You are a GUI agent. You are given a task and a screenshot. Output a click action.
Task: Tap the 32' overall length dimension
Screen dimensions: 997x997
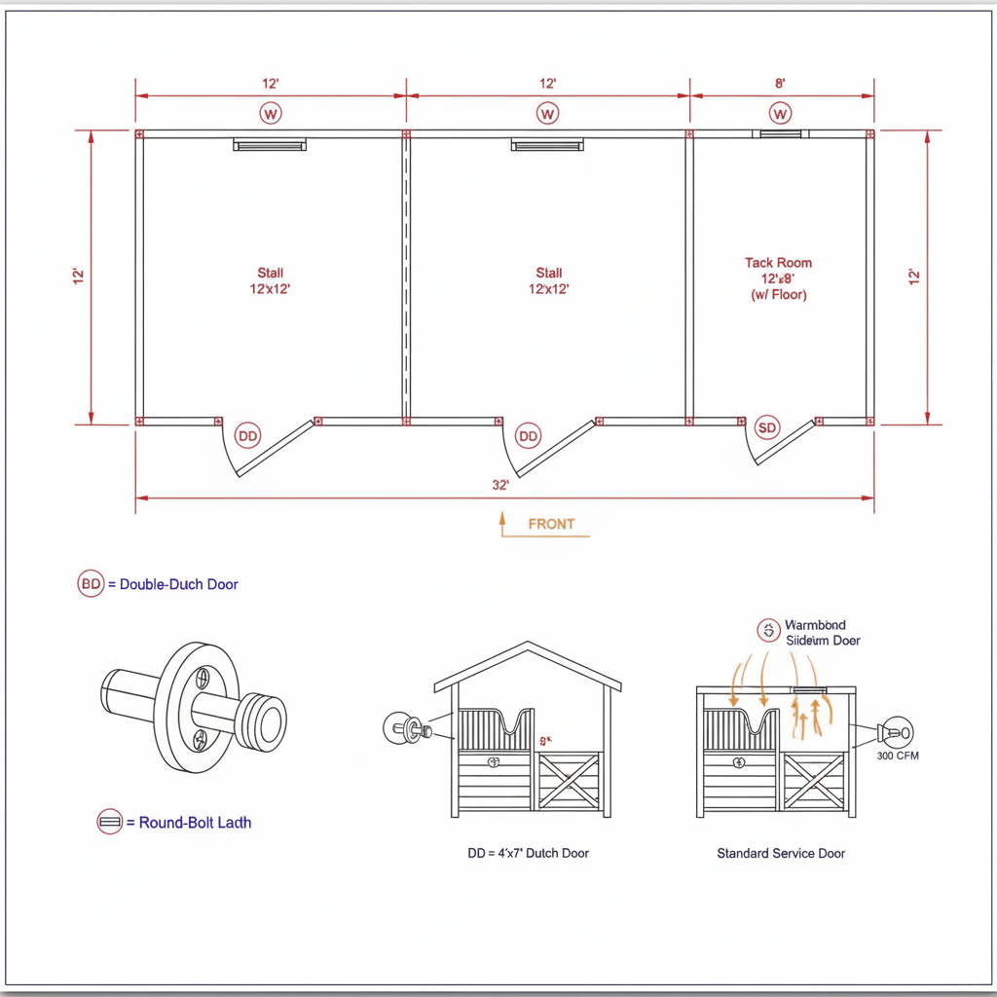500,485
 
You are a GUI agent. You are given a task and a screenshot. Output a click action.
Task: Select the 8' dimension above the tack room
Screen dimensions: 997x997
780,84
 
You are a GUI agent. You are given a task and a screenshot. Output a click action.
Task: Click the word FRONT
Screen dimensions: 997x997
551,524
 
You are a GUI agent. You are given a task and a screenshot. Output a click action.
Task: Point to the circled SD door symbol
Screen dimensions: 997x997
768,427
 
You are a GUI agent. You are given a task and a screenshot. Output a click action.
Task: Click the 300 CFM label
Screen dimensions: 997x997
897,756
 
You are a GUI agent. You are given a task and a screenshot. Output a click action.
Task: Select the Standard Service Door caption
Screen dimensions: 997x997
781,853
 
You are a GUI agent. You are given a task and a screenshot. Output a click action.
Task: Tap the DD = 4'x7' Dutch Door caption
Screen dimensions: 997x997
528,853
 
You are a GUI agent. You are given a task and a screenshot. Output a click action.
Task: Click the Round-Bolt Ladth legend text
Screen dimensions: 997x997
195,823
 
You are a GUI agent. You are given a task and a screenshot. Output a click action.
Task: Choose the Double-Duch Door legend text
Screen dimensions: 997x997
178,584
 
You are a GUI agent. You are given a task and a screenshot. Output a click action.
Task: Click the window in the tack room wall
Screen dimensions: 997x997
780,133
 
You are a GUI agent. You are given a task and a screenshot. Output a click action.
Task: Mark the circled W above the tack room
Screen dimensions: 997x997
780,114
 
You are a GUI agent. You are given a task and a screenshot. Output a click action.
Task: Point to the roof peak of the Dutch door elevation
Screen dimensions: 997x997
527,644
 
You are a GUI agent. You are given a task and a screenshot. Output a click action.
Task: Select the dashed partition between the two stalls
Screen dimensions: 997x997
405,277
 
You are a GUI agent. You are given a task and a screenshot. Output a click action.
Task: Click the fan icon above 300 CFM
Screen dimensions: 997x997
895,732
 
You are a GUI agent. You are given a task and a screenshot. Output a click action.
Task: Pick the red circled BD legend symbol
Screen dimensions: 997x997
91,584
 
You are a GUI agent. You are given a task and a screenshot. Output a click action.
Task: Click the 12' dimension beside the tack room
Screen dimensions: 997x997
913,277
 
